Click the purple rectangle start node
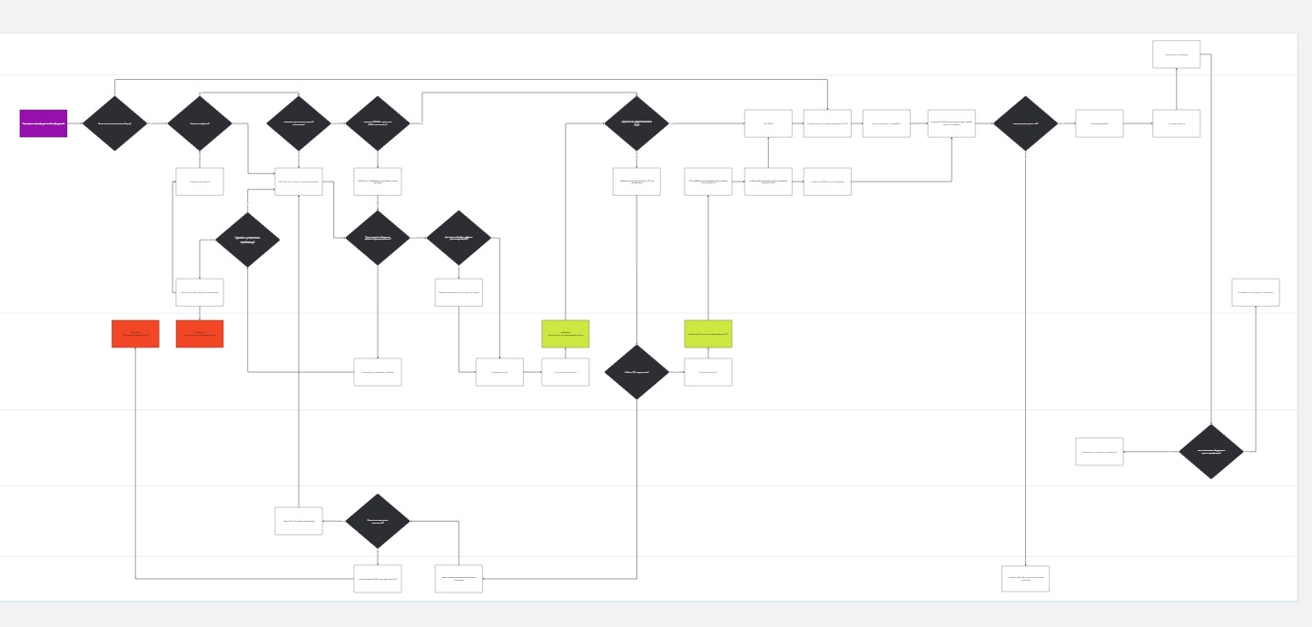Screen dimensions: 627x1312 coord(44,123)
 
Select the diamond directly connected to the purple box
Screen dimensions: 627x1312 coord(114,123)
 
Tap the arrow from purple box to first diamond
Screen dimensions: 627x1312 coord(74,123)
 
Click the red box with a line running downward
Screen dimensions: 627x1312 coord(135,334)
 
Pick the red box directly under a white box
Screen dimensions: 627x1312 coord(200,334)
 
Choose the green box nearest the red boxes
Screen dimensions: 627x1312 coord(566,334)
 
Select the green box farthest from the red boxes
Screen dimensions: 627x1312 coord(708,334)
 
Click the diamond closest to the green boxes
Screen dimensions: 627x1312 coord(636,372)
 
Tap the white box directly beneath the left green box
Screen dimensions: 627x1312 coord(566,372)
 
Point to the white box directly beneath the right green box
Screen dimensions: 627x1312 coord(708,372)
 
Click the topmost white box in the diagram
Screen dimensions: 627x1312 coord(1177,54)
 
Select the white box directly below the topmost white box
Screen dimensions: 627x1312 coord(1177,123)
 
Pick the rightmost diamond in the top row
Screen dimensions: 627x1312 coord(1026,123)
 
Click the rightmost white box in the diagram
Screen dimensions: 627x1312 coord(1256,292)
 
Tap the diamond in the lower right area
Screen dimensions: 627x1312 coord(1211,451)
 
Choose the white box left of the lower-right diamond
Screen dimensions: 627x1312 coord(1100,452)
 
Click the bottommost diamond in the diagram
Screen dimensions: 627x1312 coord(378,521)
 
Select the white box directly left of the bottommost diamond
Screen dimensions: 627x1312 coord(299,521)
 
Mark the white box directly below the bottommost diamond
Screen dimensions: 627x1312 coord(378,579)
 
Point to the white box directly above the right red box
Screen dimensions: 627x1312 coord(200,292)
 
